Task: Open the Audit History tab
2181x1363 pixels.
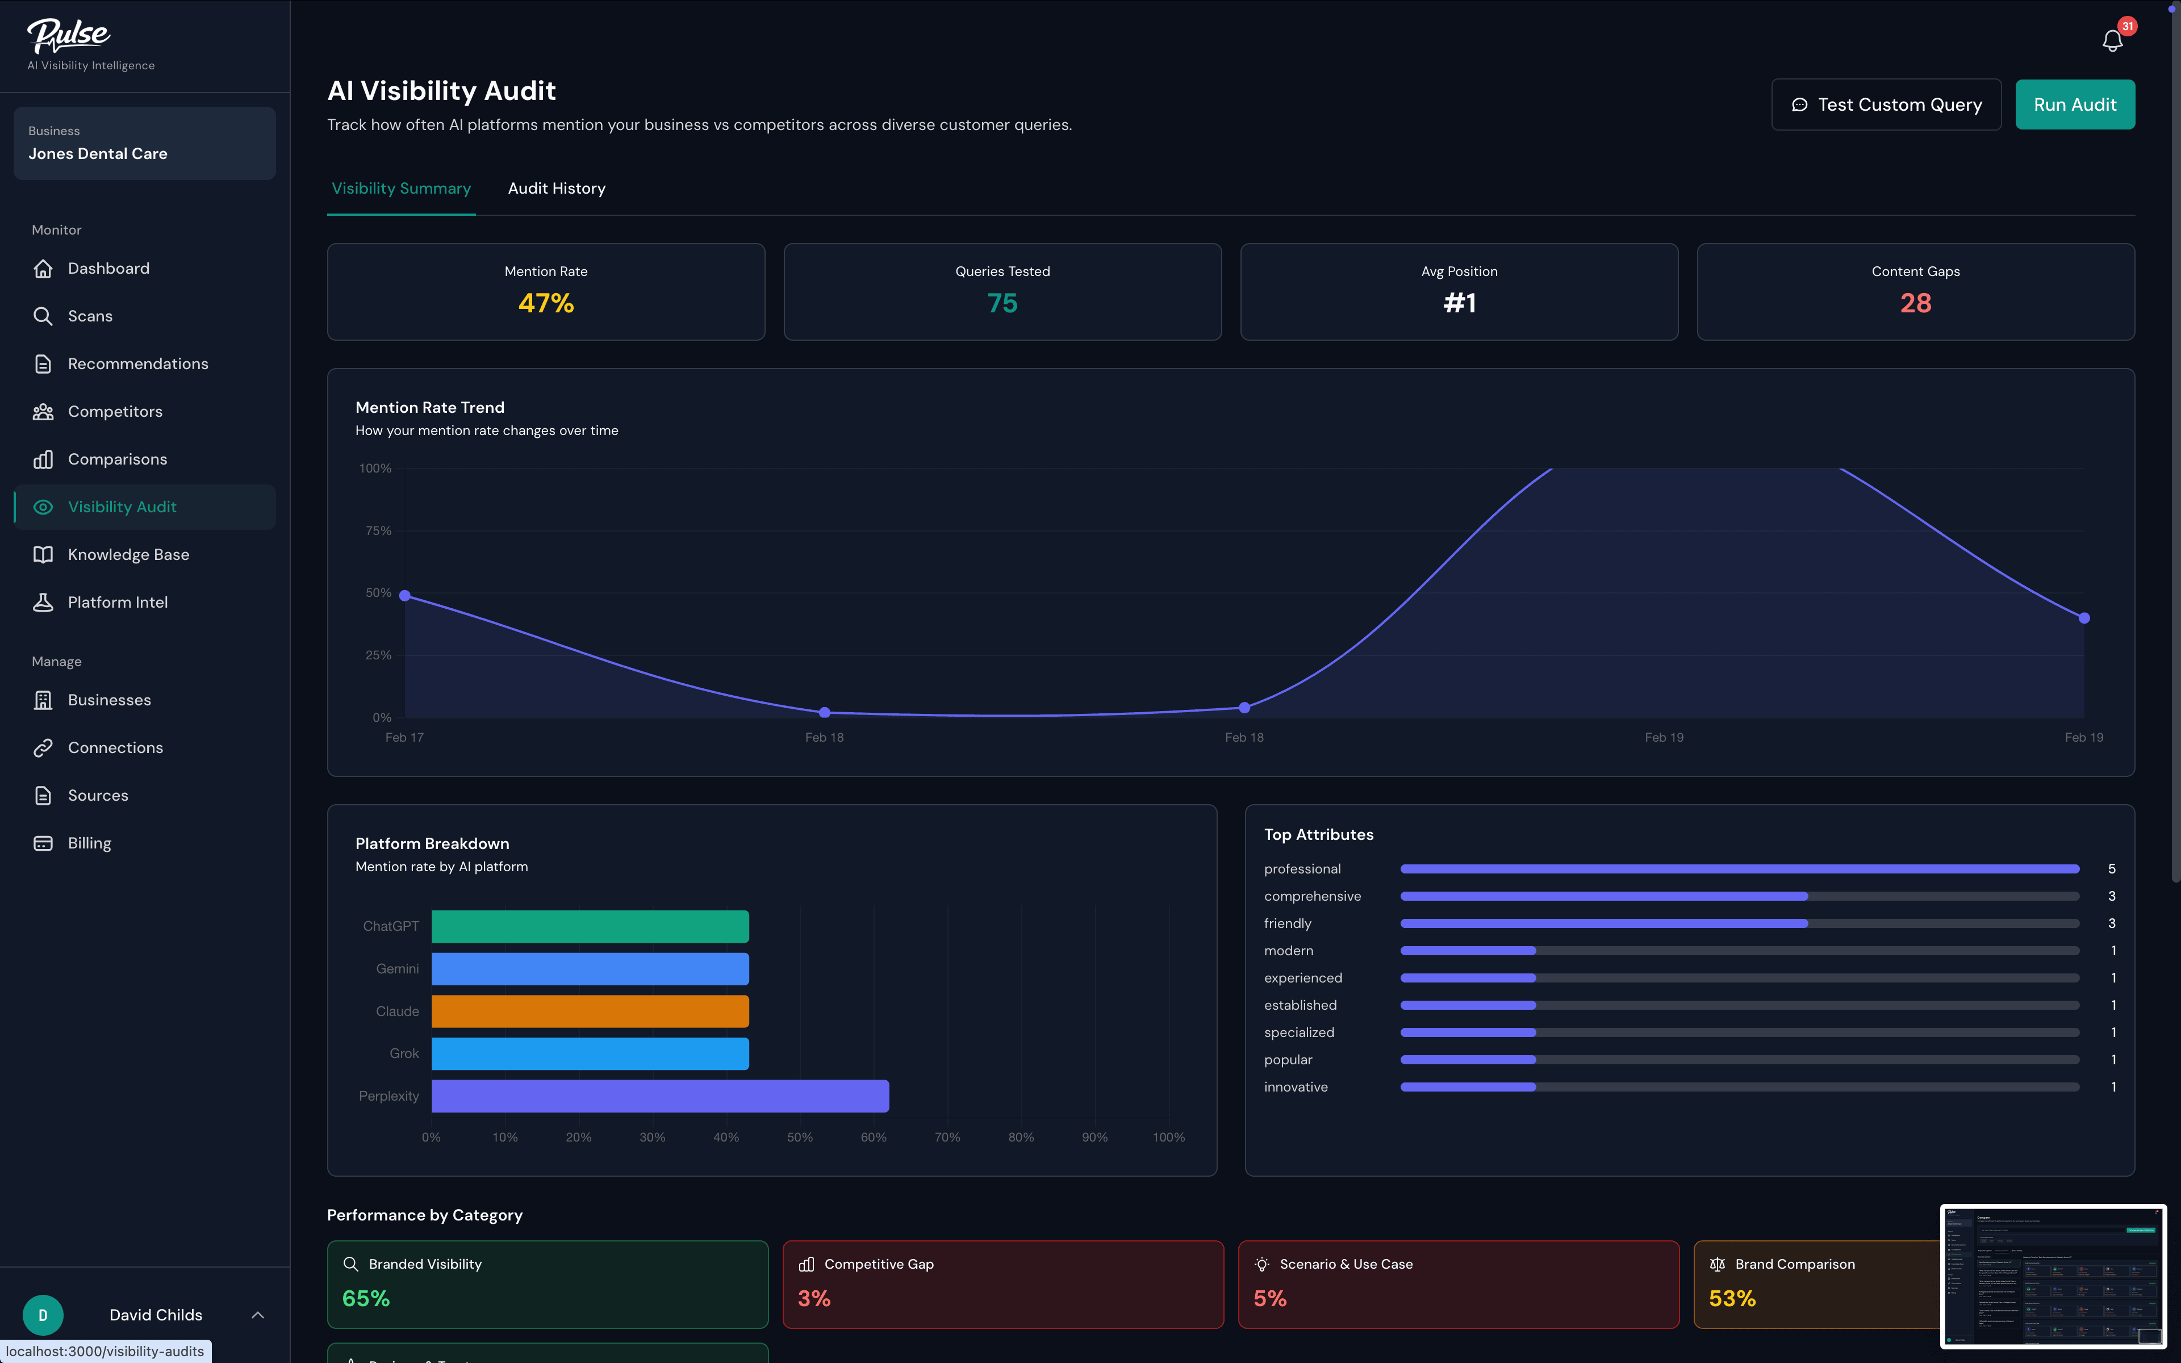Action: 556,189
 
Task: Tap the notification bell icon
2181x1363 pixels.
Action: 2112,40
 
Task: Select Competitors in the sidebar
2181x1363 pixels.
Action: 115,411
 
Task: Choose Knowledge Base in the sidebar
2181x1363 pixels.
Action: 128,554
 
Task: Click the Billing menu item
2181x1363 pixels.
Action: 89,843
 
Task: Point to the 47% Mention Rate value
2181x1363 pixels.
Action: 545,303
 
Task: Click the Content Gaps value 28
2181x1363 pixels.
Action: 1915,303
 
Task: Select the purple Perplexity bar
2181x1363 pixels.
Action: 660,1096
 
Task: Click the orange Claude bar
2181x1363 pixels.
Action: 590,1011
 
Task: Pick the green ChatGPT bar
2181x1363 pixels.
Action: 590,927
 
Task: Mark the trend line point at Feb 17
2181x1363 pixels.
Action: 404,596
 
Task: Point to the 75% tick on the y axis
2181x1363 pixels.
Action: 378,531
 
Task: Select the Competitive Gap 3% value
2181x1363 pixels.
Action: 814,1298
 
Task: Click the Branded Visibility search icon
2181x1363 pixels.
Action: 350,1264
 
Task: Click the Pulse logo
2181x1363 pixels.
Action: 69,35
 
